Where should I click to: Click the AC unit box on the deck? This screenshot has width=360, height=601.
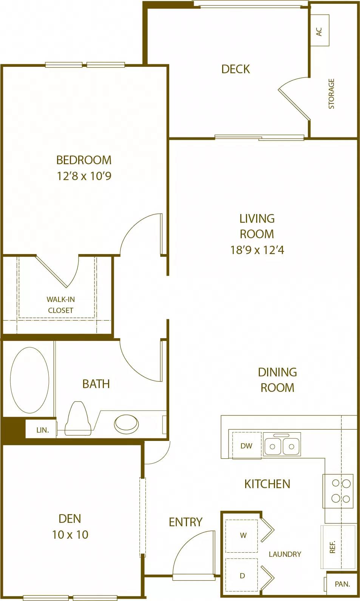coord(320,31)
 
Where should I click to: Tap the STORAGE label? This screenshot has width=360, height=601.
coord(331,94)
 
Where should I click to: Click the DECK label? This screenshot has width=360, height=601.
coord(235,69)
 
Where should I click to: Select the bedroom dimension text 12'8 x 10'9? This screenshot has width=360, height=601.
coord(84,176)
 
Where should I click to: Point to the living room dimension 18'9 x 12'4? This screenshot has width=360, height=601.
coord(257,250)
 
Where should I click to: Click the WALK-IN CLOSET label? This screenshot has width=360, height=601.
coord(60,305)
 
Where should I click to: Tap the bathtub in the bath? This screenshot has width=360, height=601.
coord(29,380)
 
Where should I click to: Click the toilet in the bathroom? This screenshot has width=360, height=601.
coord(78,418)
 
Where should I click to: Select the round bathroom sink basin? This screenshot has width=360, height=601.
coord(126,424)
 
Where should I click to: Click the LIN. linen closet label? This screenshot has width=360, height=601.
coord(42,430)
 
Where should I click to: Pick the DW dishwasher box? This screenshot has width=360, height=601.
coord(246,446)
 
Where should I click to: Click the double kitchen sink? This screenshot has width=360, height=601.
coord(282,445)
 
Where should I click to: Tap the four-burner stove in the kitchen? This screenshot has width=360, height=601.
coord(338,491)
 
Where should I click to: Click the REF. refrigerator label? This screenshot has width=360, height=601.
coord(333,547)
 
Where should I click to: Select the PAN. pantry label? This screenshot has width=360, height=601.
coord(342,584)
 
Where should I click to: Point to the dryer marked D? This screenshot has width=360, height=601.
coord(242,576)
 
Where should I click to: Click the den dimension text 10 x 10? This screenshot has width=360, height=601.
coord(70,535)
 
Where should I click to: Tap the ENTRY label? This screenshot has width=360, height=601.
coord(185,522)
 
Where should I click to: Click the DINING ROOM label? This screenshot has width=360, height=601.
coord(277,380)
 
